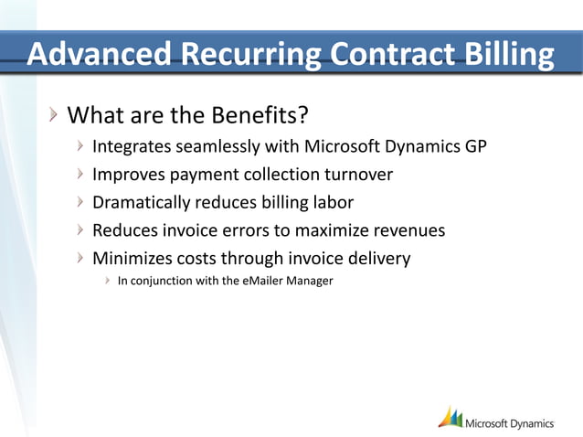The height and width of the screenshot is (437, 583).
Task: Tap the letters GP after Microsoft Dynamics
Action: (x=474, y=145)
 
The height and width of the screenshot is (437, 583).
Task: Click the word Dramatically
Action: (x=143, y=202)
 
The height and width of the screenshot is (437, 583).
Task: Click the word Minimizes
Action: (x=133, y=259)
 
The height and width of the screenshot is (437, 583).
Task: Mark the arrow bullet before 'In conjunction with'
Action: (x=108, y=281)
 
